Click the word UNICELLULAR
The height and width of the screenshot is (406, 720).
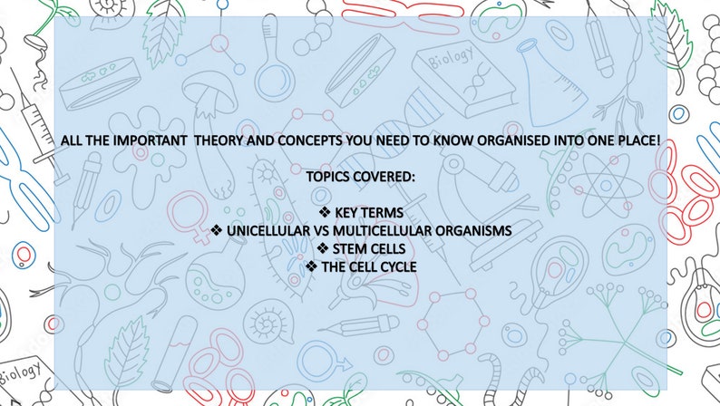269,231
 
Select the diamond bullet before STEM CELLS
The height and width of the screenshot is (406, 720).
323,248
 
